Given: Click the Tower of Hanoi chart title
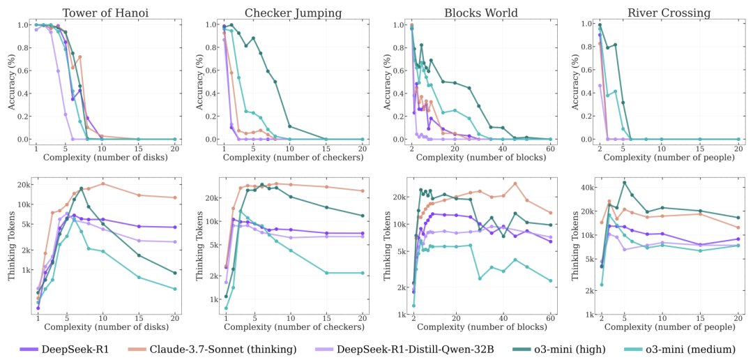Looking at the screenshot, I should (105, 13).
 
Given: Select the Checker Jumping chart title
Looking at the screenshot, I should (293, 13).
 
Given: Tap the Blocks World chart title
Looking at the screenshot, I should (481, 13).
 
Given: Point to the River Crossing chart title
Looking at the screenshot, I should (668, 13).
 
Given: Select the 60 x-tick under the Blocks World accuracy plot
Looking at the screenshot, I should (551, 149).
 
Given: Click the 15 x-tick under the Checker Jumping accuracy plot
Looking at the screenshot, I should (326, 149).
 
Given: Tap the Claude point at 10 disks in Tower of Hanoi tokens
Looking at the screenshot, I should (102, 183).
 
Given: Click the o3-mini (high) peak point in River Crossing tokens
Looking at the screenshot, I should (624, 183).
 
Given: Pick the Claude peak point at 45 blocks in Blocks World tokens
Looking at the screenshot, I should (515, 183).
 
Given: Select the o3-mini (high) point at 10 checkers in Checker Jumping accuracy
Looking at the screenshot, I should (289, 126).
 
